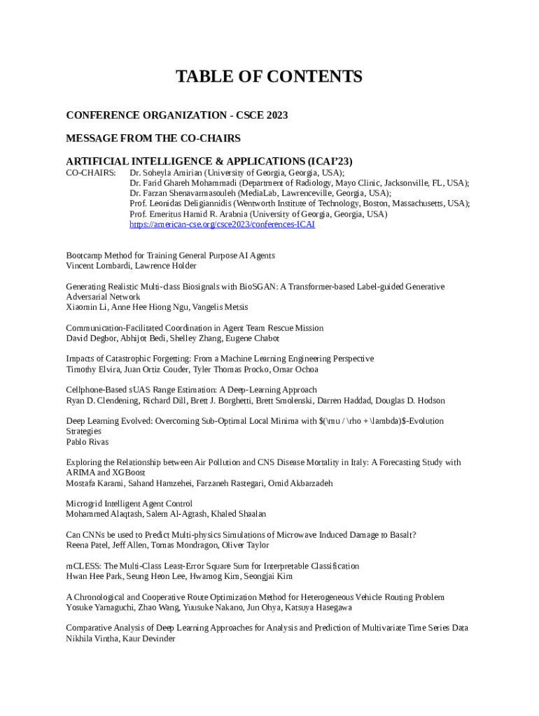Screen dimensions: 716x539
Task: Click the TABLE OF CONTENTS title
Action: click(x=269, y=77)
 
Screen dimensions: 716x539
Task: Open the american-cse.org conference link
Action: click(x=222, y=224)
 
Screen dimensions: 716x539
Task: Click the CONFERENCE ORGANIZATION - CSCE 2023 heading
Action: click(x=176, y=115)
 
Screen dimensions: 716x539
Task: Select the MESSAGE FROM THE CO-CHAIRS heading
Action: click(x=153, y=138)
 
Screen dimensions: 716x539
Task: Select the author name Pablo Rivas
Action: click(x=87, y=442)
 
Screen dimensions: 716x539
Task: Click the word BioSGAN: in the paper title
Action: click(x=255, y=287)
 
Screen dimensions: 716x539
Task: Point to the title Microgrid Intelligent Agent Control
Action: click(x=129, y=503)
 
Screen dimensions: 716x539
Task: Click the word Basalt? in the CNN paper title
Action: click(x=402, y=535)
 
